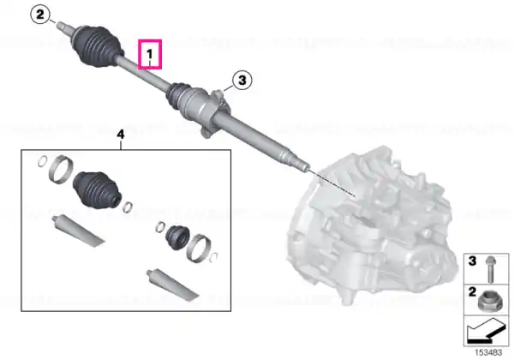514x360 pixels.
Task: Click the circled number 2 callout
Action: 40,15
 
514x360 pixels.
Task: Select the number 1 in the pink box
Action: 149,53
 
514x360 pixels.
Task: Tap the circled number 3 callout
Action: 242,81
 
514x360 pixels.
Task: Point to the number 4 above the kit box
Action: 121,135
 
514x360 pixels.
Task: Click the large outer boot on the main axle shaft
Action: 98,45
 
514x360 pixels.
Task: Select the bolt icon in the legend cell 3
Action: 490,269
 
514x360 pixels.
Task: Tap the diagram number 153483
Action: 488,353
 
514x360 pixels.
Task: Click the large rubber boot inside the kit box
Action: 97,189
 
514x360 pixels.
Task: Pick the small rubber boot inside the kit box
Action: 177,237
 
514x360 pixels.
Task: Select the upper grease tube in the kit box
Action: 78,231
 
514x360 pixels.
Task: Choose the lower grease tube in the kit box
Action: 173,285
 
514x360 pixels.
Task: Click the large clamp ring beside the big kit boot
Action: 61,169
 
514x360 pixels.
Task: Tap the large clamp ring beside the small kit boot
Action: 199,249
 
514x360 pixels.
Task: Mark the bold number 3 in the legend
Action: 472,261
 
